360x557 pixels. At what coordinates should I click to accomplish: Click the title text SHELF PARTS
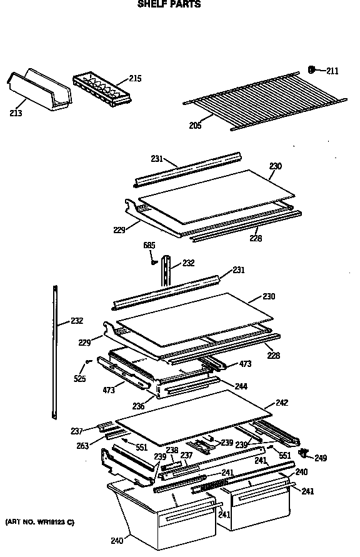[x=169, y=4]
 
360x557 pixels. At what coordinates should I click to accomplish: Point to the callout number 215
[x=135, y=79]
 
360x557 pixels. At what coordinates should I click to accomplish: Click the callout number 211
[x=332, y=71]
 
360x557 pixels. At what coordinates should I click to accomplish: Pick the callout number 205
[x=196, y=126]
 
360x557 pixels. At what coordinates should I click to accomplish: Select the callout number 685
[x=149, y=246]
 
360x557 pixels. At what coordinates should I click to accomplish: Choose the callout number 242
[x=282, y=403]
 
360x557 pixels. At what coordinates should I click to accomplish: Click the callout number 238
[x=172, y=450]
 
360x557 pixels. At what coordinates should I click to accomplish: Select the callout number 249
[x=320, y=458]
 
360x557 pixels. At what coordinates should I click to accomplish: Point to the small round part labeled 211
[x=312, y=69]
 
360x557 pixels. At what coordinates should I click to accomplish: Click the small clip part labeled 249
[x=304, y=452]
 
